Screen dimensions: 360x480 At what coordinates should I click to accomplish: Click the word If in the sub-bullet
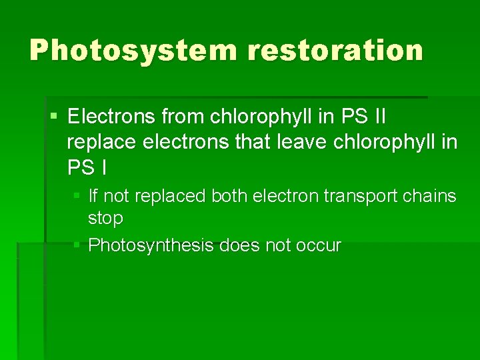pyautogui.click(x=93, y=196)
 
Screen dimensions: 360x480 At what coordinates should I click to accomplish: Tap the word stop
pyautogui.click(x=105, y=218)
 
